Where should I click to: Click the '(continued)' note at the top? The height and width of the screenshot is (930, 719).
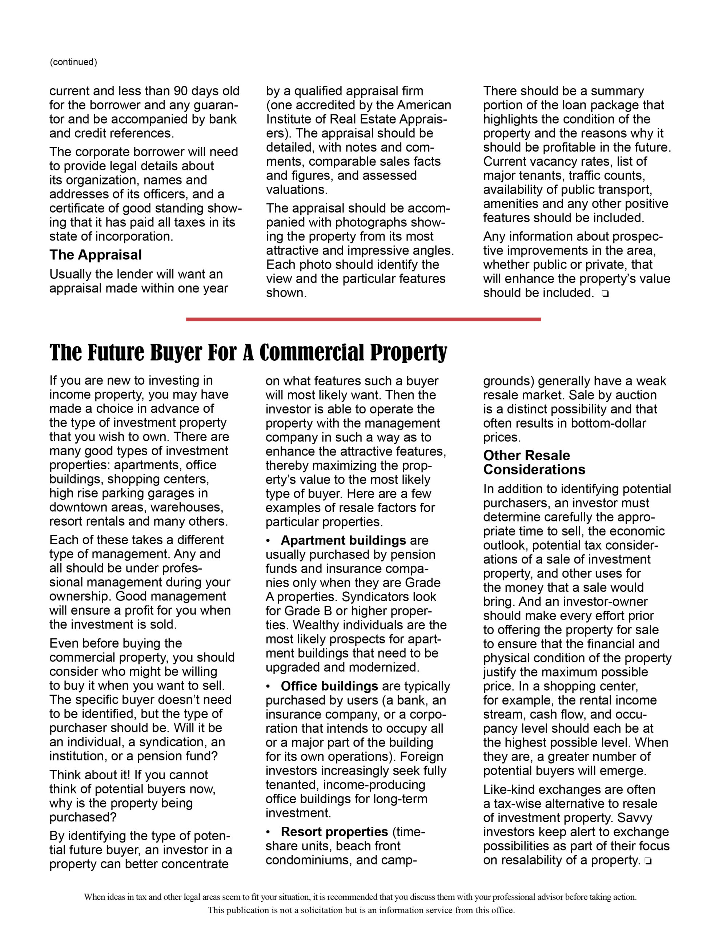click(x=73, y=62)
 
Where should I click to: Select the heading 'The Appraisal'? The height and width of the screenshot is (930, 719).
click(x=96, y=255)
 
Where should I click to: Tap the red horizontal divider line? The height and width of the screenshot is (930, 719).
click(x=363, y=319)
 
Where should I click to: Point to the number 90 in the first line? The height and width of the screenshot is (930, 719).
click(x=181, y=91)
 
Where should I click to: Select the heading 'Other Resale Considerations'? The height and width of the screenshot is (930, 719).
click(x=534, y=462)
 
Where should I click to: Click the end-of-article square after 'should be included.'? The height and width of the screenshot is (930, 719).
click(x=605, y=294)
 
